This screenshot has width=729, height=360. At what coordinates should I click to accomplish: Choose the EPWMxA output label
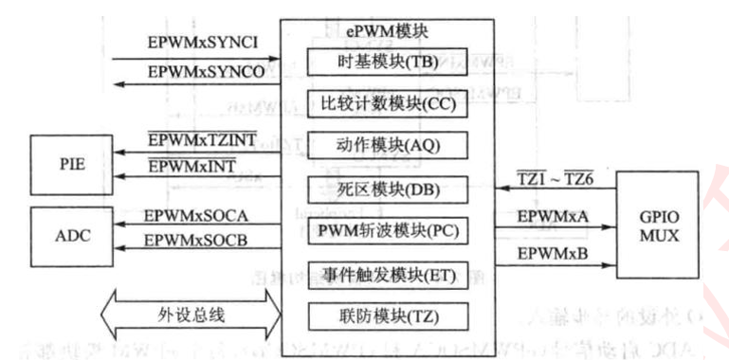click(x=553, y=216)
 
